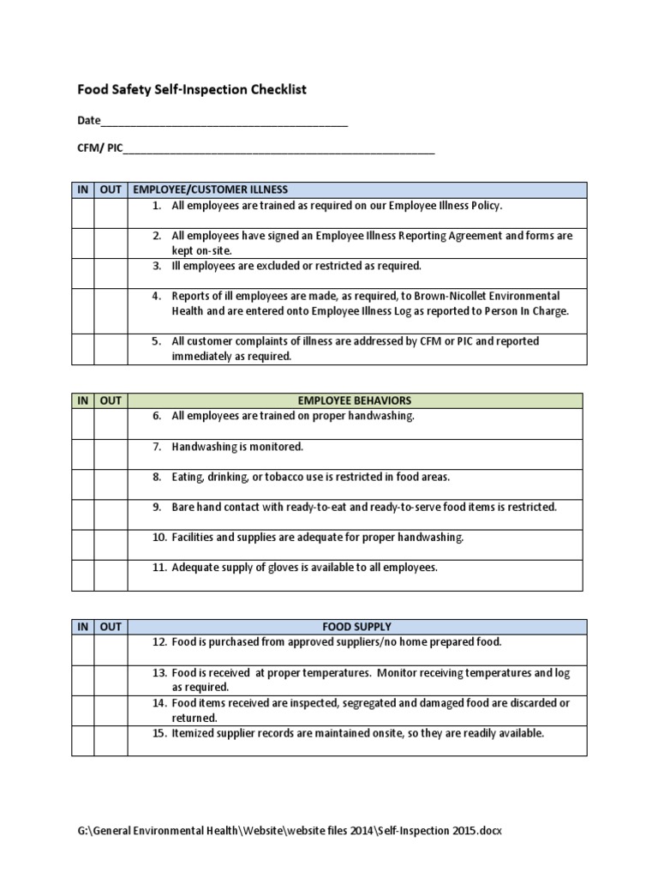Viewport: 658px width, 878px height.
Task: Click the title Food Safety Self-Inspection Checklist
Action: tap(192, 89)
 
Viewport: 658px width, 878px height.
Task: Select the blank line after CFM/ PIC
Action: tap(279, 149)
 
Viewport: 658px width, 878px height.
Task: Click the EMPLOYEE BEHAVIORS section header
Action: tap(355, 400)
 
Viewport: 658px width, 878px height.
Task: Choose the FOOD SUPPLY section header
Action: tap(356, 627)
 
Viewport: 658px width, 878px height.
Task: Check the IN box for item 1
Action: tap(83, 213)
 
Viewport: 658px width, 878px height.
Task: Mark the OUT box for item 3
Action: tap(111, 273)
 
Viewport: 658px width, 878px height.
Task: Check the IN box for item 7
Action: tap(83, 454)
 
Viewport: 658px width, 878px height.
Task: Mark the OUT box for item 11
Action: tap(111, 574)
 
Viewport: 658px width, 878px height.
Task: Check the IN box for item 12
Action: tap(83, 649)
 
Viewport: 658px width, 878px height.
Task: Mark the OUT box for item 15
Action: tap(111, 740)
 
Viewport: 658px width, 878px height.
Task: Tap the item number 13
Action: tap(159, 673)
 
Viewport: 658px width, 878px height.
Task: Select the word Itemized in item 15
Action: tap(194, 733)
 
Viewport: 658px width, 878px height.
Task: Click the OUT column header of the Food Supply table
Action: tap(111, 627)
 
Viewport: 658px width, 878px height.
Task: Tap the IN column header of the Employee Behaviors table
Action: tap(83, 400)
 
